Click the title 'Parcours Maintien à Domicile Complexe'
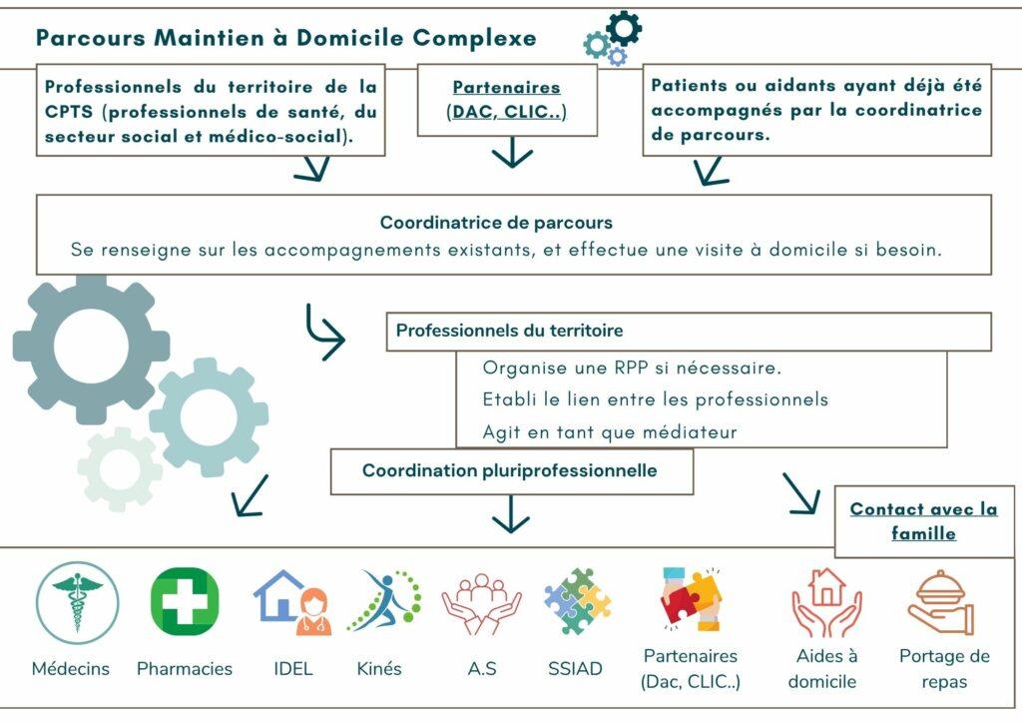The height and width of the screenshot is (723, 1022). pyautogui.click(x=285, y=38)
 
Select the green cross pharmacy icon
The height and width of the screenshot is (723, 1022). pyautogui.click(x=185, y=601)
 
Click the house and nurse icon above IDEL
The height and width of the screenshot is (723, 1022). pyautogui.click(x=291, y=602)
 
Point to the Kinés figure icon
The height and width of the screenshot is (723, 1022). pyautogui.click(x=383, y=601)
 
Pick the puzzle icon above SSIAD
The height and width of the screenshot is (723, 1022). pyautogui.click(x=577, y=601)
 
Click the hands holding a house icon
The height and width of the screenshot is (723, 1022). pyautogui.click(x=825, y=602)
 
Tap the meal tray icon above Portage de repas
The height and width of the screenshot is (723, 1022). pyautogui.click(x=941, y=602)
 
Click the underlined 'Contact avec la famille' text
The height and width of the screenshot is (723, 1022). pyautogui.click(x=923, y=521)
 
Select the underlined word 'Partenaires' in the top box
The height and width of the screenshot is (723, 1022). pyautogui.click(x=507, y=88)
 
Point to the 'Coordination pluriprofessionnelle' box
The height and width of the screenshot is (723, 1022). pyautogui.click(x=510, y=470)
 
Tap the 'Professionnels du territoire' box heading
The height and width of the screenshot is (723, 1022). pyautogui.click(x=510, y=331)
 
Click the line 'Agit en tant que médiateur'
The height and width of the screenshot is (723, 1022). pyautogui.click(x=610, y=432)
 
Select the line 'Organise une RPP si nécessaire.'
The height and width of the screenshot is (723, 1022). pyautogui.click(x=632, y=367)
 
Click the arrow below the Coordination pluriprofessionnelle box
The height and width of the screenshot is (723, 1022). pyautogui.click(x=511, y=514)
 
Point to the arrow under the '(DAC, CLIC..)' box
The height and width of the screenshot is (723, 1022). pyautogui.click(x=512, y=152)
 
